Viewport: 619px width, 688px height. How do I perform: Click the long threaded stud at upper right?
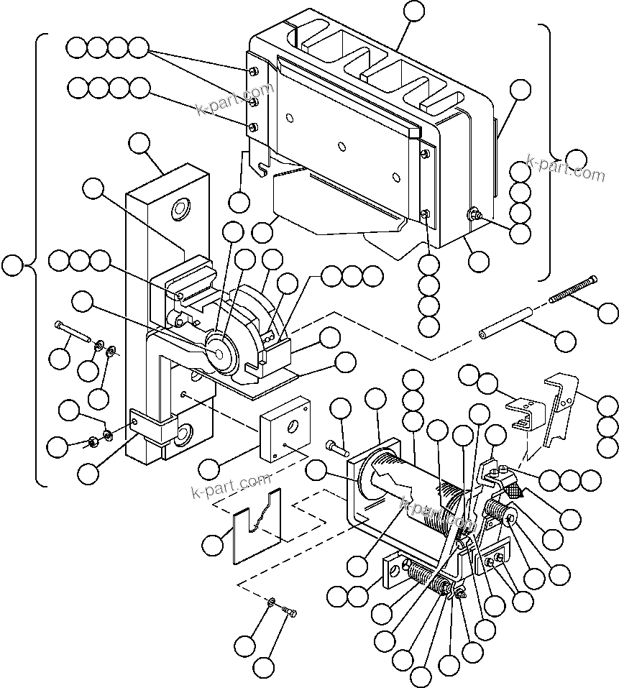573,288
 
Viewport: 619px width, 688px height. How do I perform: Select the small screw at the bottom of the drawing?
290,611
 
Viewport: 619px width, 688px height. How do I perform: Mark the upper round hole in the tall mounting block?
179,209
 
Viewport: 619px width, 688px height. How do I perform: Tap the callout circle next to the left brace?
12,265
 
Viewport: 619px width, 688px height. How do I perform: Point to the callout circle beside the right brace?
575,159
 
